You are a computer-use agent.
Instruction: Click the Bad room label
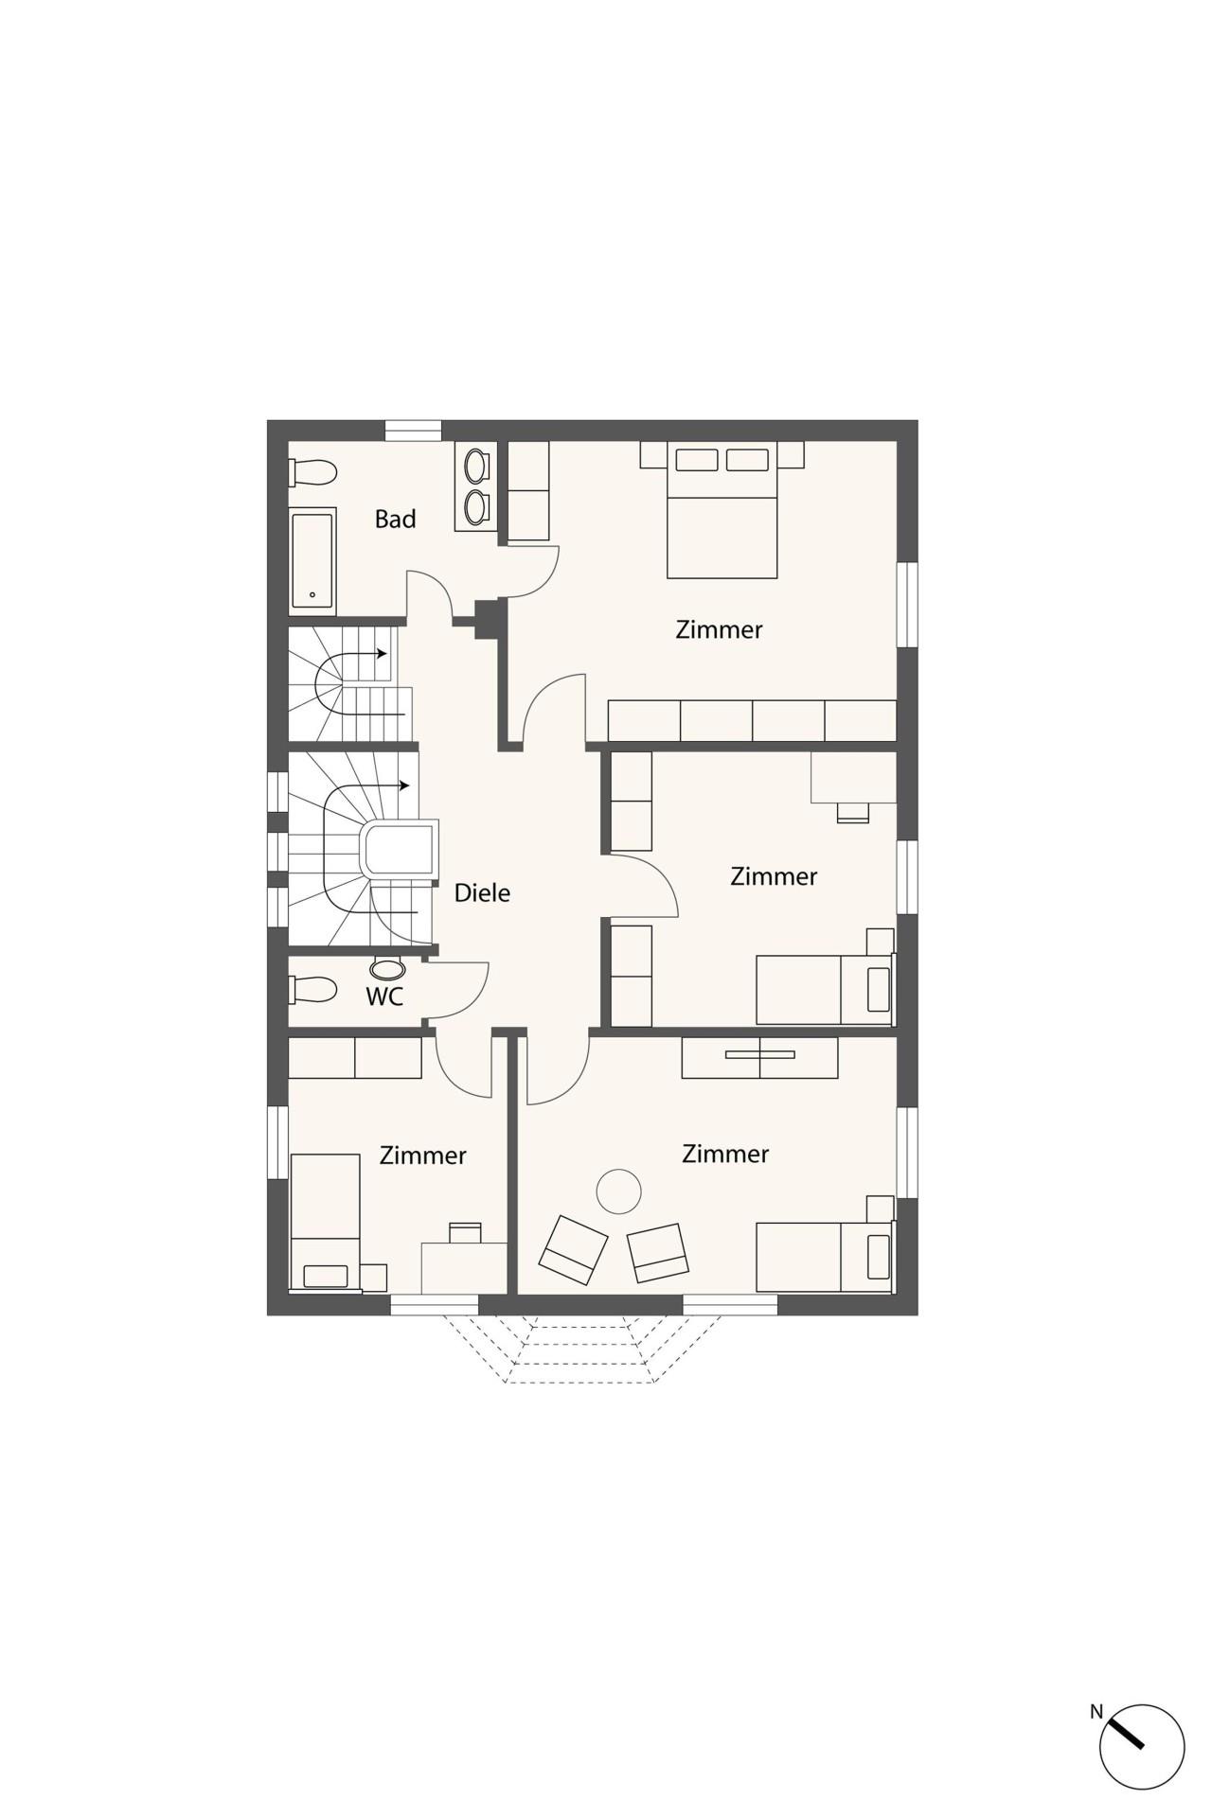click(395, 519)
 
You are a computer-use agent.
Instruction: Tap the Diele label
click(482, 892)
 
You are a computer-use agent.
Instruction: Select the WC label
click(384, 997)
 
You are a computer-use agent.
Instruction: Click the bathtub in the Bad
click(312, 559)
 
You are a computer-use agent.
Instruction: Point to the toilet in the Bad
click(313, 471)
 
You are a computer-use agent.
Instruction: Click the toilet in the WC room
click(313, 990)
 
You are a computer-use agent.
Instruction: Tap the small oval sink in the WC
click(388, 969)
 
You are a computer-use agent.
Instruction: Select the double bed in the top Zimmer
click(722, 510)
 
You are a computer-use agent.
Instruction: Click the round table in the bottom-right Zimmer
click(619, 1191)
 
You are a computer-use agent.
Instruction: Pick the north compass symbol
click(1142, 1748)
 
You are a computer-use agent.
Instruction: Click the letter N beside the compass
click(1096, 1711)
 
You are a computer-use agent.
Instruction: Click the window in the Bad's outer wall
click(414, 431)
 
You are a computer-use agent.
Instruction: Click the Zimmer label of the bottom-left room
click(422, 1155)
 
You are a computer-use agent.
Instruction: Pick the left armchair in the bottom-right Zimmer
click(573, 1249)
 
